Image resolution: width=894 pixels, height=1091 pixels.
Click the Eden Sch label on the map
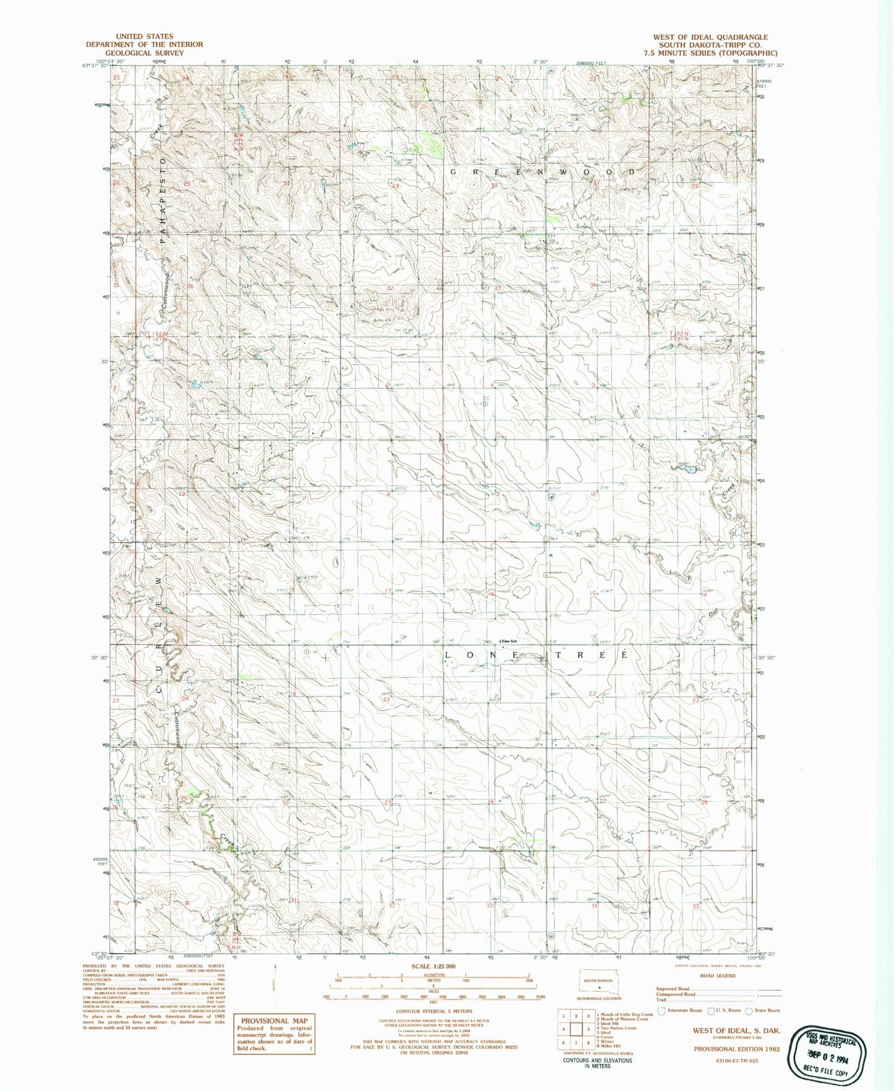tap(509, 641)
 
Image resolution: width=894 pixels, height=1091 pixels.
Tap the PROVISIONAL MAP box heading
tap(273, 1021)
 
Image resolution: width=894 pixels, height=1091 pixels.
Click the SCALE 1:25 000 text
tap(433, 967)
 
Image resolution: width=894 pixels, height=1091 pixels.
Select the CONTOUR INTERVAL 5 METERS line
tap(433, 1011)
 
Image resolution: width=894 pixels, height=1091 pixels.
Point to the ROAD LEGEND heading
tap(718, 976)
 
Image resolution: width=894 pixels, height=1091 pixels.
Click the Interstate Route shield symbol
tap(661, 1011)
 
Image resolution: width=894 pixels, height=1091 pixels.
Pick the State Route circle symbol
tap(749, 1011)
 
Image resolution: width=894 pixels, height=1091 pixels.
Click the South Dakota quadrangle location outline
tap(599, 985)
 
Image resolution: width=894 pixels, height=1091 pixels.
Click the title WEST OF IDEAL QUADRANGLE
tap(710, 37)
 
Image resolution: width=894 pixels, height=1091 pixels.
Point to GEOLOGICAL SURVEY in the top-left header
tap(144, 53)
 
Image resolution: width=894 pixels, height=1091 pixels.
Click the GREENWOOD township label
tap(542, 171)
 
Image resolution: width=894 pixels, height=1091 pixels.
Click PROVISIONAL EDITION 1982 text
tap(736, 1049)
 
